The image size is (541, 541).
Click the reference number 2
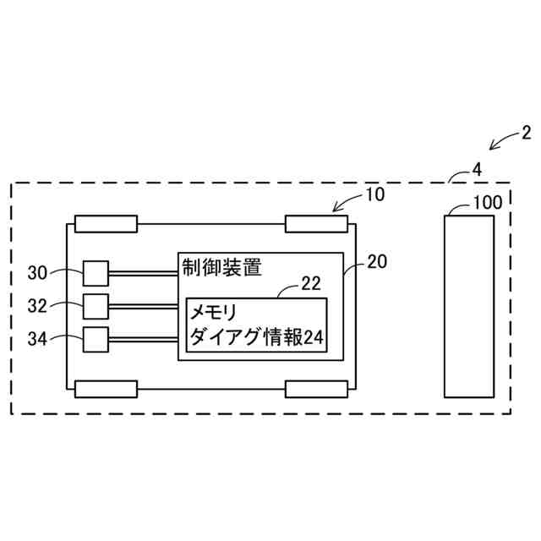(526, 132)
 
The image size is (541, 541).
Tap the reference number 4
(477, 169)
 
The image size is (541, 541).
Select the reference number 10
(374, 194)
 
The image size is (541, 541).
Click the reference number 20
(377, 262)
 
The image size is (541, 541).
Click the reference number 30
(38, 272)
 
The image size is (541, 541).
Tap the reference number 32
(38, 304)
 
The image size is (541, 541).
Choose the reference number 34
(38, 338)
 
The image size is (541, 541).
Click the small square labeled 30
(96, 272)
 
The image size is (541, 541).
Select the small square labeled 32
(96, 304)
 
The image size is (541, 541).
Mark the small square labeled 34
(96, 338)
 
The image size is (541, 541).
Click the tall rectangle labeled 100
(469, 305)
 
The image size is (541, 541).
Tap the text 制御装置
(221, 267)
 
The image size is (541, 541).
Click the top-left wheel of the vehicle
(106, 224)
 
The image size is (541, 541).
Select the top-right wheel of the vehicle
(316, 224)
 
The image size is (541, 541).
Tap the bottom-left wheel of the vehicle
(106, 388)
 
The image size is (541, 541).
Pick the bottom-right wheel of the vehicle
(316, 388)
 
